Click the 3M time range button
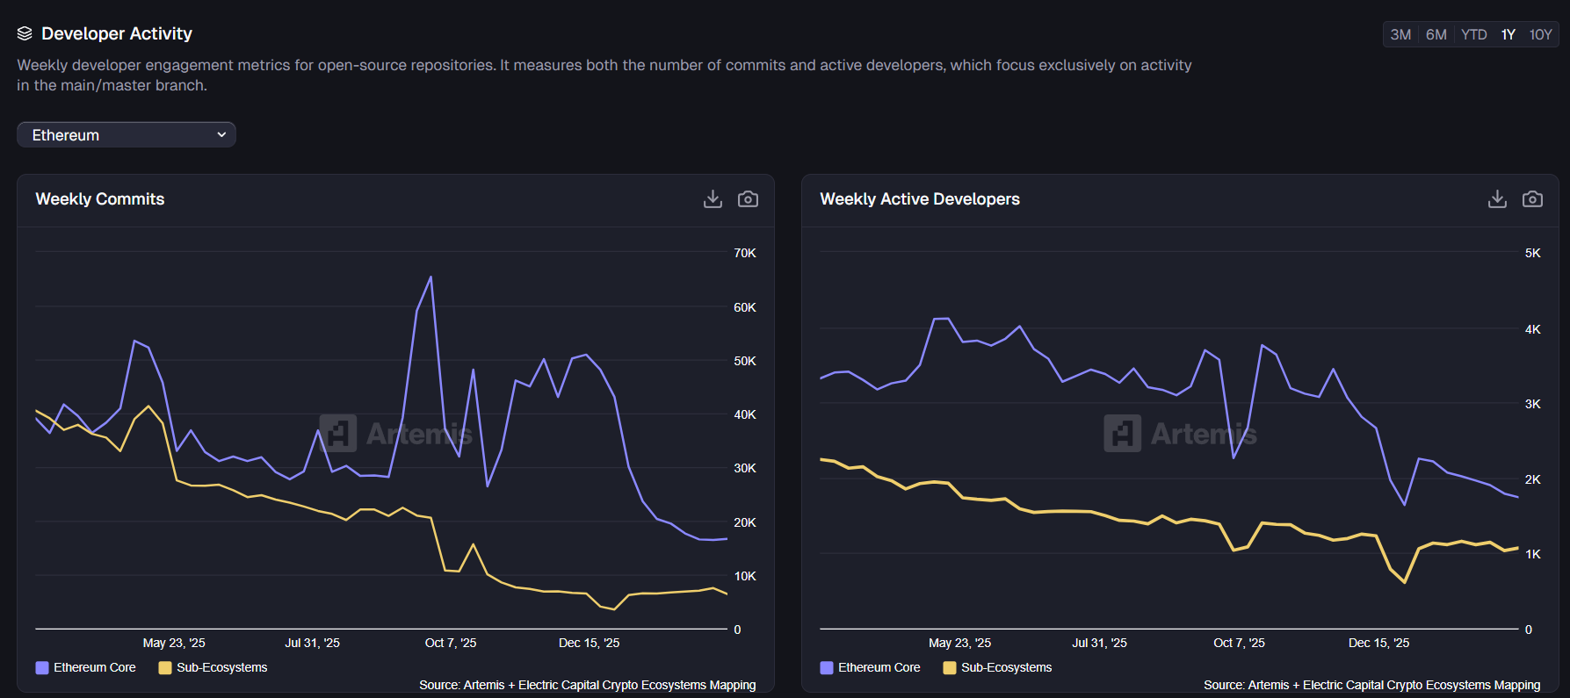coord(1400,34)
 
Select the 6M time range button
coord(1436,34)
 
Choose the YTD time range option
coord(1473,34)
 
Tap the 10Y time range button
coord(1540,34)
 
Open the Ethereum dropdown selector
coord(127,134)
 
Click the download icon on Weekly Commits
coord(713,199)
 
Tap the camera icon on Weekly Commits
coord(748,199)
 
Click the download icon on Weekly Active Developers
coord(1497,199)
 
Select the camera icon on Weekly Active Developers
coord(1532,199)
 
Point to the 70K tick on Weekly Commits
coord(744,253)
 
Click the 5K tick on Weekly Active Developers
coord(1532,253)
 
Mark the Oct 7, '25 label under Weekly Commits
coord(451,643)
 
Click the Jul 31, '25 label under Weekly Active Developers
coord(1099,643)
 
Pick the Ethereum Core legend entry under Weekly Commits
coord(86,667)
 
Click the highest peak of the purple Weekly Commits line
coord(430,277)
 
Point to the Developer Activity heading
coord(116,33)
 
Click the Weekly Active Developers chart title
coord(919,199)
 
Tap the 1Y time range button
coord(1508,34)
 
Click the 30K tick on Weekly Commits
coord(744,468)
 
